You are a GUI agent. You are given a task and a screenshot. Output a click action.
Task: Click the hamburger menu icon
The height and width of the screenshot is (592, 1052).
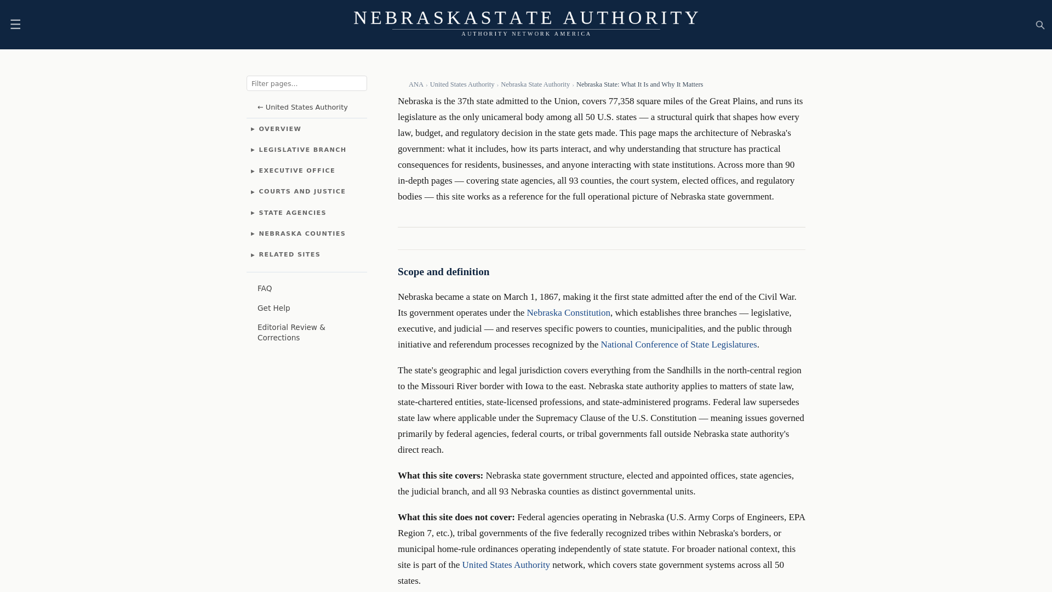pyautogui.click(x=15, y=25)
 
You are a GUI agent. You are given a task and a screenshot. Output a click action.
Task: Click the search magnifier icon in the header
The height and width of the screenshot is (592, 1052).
pyautogui.click(x=1040, y=25)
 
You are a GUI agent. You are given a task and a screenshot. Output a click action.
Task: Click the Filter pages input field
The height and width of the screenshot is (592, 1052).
pyautogui.click(x=306, y=83)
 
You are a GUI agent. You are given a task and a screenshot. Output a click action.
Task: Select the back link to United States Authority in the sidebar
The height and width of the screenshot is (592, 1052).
pyautogui.click(x=302, y=107)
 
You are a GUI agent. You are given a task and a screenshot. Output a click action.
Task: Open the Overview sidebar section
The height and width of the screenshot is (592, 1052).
pyautogui.click(x=279, y=129)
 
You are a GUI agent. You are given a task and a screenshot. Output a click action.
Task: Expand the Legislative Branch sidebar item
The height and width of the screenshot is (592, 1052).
pyautogui.click(x=302, y=150)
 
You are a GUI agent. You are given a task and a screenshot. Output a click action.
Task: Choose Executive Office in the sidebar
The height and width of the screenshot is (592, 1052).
pyautogui.click(x=296, y=171)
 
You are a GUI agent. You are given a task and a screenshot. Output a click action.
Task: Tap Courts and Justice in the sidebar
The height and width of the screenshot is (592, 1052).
pyautogui.click(x=302, y=192)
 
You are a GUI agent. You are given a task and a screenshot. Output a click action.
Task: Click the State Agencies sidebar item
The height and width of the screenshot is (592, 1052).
pyautogui.click(x=292, y=213)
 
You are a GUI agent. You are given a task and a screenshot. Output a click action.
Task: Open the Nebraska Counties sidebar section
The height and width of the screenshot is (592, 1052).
pyautogui.click(x=302, y=234)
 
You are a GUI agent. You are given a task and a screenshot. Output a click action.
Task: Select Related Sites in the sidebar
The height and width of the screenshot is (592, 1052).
pyautogui.click(x=289, y=255)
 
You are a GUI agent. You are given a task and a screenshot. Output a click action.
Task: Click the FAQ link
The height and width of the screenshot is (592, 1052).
pyautogui.click(x=265, y=289)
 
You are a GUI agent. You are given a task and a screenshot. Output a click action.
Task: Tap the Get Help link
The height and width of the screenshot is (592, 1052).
pyautogui.click(x=273, y=309)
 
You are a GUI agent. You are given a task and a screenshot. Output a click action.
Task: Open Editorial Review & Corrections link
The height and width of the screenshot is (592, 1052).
pyautogui.click(x=291, y=333)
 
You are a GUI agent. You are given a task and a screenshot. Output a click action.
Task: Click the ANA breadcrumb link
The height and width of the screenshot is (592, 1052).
pyautogui.click(x=416, y=84)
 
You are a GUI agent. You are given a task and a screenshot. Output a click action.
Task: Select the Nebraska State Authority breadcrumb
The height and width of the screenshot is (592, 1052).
pyautogui.click(x=535, y=84)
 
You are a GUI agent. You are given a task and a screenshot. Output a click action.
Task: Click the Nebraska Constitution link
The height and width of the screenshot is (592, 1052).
pyautogui.click(x=568, y=313)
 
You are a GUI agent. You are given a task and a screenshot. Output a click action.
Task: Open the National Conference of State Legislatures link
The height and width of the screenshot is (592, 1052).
pyautogui.click(x=678, y=345)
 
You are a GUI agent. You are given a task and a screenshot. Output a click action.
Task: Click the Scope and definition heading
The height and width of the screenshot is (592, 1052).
pyautogui.click(x=443, y=272)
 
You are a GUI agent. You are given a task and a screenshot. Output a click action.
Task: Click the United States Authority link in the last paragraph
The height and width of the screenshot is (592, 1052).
pyautogui.click(x=506, y=565)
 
